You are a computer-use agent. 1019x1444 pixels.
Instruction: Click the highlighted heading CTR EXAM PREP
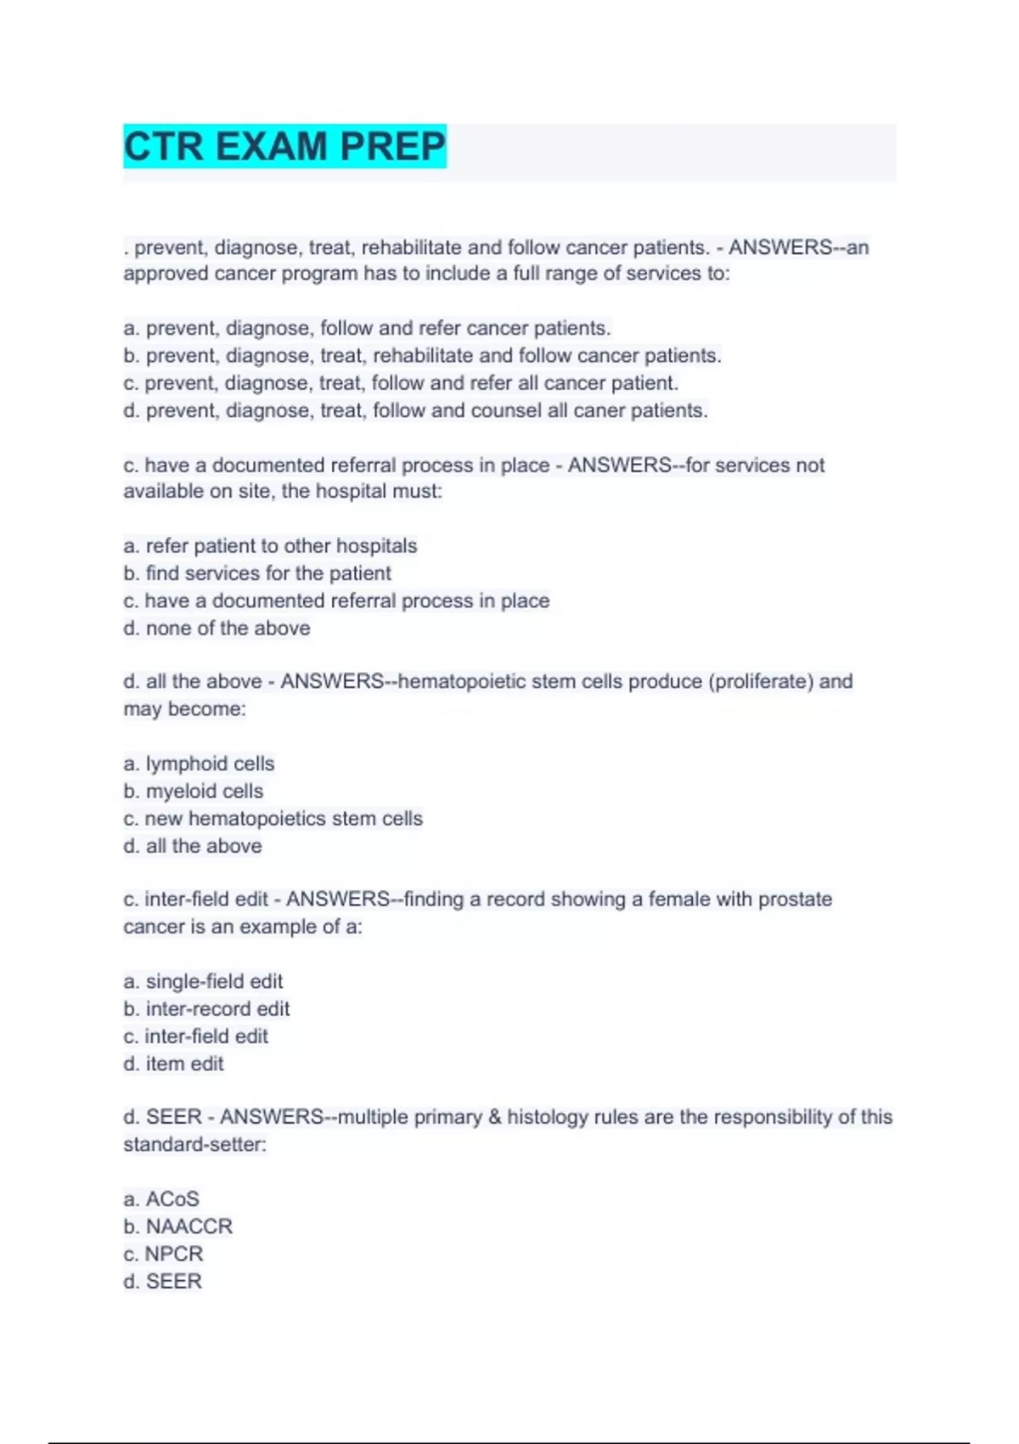point(284,146)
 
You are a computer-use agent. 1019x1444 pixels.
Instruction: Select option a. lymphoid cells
point(199,764)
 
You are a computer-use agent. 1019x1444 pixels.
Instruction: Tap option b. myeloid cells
point(194,791)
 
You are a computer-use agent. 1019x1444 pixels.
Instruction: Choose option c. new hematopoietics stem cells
point(273,818)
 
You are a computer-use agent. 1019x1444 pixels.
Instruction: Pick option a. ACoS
point(161,1199)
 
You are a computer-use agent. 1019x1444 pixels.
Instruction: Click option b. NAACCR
point(177,1226)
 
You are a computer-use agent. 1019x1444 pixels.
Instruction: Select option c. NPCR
point(163,1254)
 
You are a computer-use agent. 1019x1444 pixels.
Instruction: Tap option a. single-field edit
point(203,981)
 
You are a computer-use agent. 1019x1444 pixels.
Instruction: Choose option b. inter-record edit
point(206,1008)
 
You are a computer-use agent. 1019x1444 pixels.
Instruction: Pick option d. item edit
point(173,1063)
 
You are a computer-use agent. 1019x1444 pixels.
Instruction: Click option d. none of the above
point(217,628)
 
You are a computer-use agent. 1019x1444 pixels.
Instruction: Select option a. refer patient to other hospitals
point(270,545)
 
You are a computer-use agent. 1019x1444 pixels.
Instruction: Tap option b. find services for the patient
point(257,573)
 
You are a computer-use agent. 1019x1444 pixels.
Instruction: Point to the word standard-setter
point(194,1144)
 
